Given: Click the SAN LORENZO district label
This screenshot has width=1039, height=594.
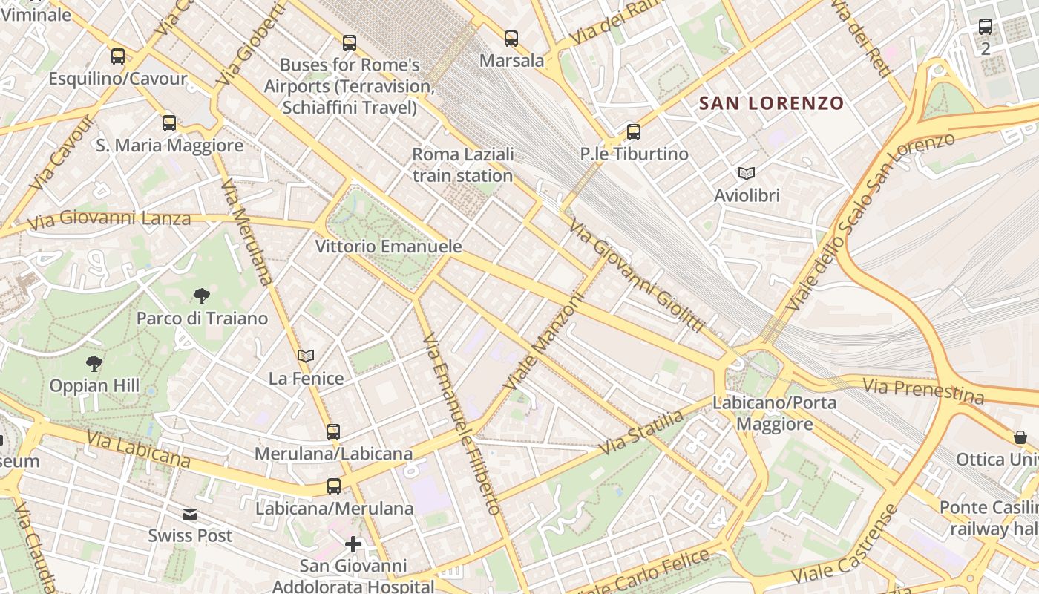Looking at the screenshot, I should [x=772, y=103].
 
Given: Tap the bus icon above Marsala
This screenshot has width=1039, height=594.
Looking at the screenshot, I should [x=511, y=39].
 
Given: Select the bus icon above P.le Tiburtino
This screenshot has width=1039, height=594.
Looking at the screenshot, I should [x=634, y=132].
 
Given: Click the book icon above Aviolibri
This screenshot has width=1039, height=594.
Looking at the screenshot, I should [x=747, y=174].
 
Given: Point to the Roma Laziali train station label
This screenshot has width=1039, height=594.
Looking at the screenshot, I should [x=463, y=165].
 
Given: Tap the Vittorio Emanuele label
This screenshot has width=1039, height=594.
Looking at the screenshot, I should [x=388, y=247].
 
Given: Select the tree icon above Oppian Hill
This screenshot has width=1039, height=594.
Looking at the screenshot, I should [x=94, y=364].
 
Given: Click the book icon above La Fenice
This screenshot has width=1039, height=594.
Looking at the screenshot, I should [x=306, y=356].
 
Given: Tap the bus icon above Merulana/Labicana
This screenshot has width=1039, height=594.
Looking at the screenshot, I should [x=333, y=431].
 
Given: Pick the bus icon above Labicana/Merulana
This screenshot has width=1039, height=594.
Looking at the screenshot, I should [x=334, y=486].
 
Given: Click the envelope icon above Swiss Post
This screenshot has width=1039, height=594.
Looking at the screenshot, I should [x=190, y=514].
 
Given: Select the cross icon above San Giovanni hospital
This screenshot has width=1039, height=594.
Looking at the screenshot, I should [x=353, y=545].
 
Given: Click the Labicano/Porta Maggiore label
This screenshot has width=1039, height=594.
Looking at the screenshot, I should [x=774, y=414].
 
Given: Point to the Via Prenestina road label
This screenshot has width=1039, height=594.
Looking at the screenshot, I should [x=923, y=390].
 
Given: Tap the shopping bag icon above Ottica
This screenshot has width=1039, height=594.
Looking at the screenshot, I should [x=1020, y=437].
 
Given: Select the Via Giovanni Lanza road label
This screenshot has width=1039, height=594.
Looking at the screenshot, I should [x=109, y=219].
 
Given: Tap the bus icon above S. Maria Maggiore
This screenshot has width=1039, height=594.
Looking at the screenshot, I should [x=169, y=123].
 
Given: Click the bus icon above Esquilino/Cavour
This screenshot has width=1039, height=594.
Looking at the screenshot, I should [x=118, y=56].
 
